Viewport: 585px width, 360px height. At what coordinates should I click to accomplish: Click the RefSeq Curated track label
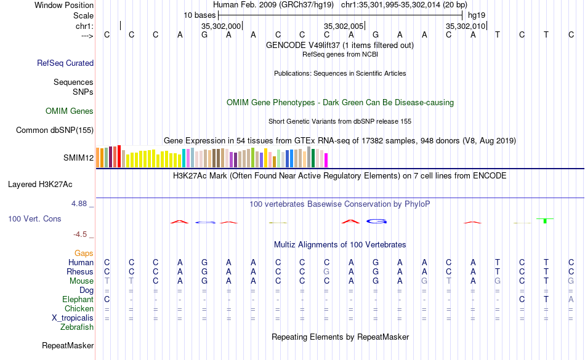coord(65,63)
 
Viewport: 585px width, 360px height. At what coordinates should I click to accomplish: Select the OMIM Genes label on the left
coord(70,111)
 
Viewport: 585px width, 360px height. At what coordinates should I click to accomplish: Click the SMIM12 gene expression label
coord(78,158)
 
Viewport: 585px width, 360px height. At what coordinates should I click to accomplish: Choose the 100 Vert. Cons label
coord(34,218)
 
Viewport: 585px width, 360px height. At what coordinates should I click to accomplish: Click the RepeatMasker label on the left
coord(68,345)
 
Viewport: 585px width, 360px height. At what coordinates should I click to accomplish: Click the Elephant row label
coord(78,300)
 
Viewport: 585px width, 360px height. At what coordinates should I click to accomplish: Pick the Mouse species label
coord(81,281)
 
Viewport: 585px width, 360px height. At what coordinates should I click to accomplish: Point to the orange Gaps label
coord(84,254)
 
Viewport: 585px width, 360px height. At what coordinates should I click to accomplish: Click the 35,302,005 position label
coord(343,26)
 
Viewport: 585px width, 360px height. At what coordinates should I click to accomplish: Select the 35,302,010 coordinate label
coord(466,26)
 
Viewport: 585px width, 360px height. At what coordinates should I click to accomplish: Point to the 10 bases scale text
coord(200,15)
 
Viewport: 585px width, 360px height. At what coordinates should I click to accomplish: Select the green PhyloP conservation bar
coord(545,220)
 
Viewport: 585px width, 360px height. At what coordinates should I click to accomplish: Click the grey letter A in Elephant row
coord(571,300)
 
